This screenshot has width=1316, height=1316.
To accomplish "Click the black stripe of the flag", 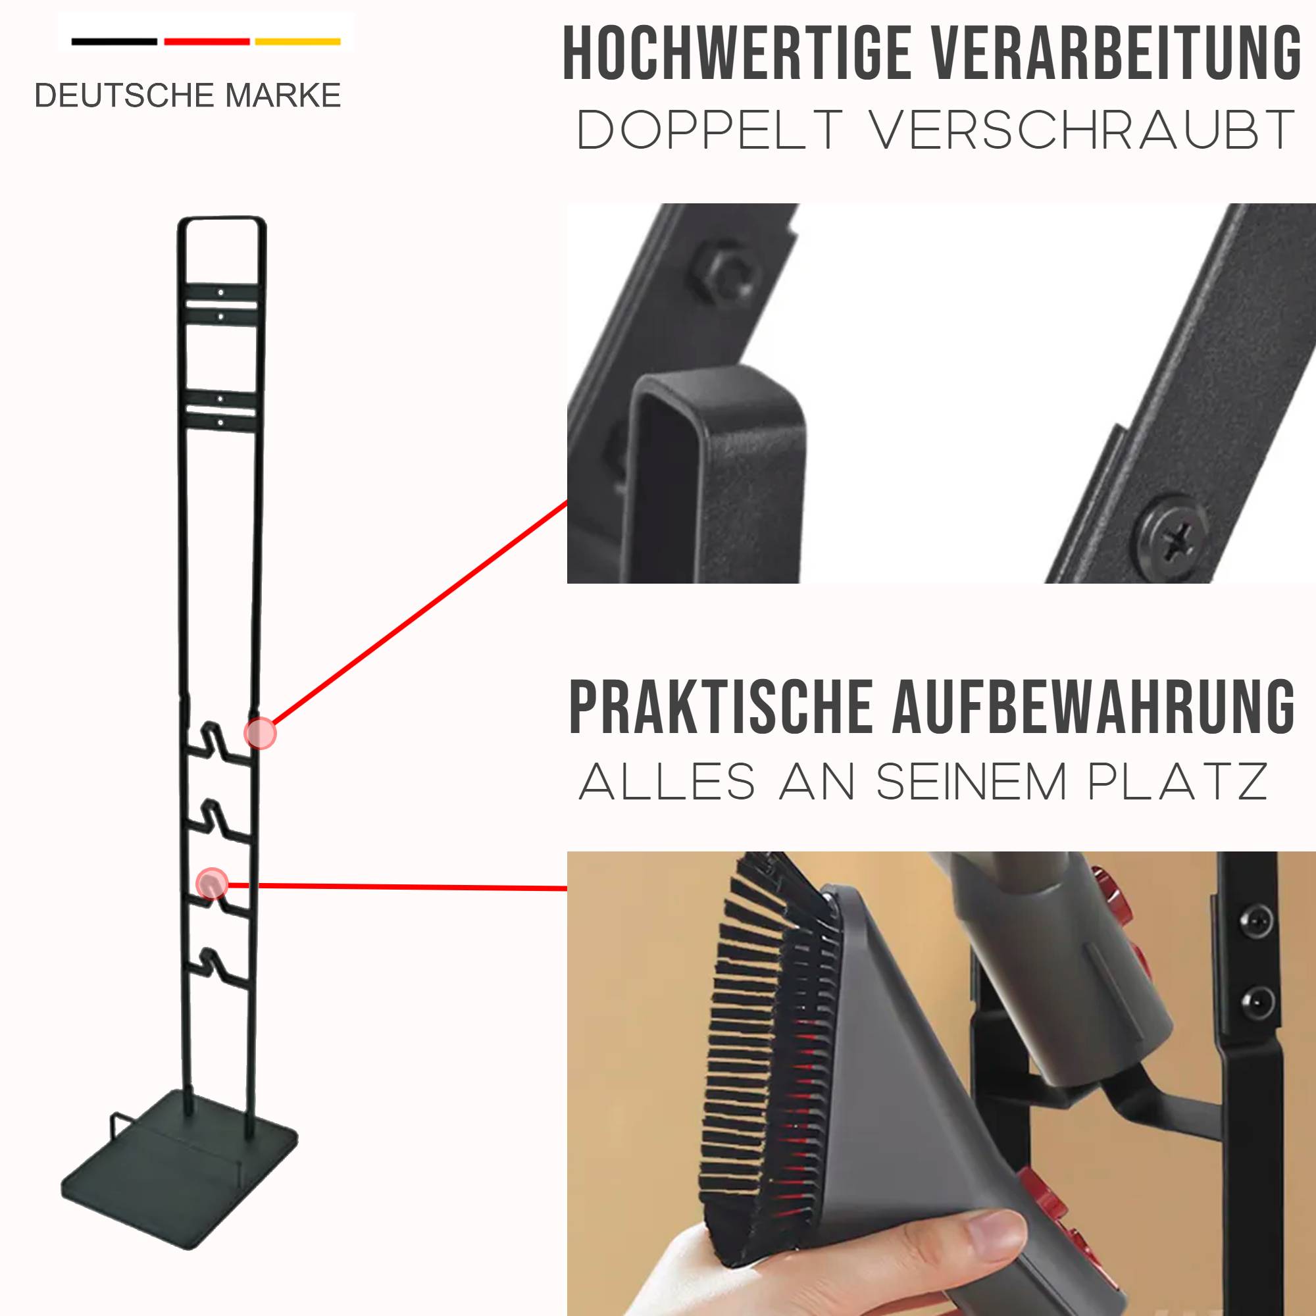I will (114, 42).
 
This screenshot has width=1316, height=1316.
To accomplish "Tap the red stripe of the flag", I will (207, 42).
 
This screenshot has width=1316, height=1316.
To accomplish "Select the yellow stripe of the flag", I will (297, 42).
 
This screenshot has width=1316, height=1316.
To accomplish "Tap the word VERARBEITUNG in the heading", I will (1117, 54).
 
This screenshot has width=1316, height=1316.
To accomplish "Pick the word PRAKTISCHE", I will (721, 709).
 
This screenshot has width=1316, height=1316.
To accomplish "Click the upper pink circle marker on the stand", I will (260, 734).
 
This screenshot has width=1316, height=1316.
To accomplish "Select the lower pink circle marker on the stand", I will (212, 884).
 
